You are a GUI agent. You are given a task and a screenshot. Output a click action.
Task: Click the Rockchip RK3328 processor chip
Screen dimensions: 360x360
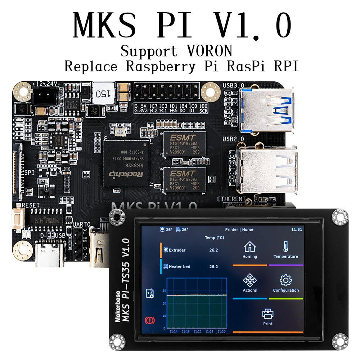[x=126, y=163]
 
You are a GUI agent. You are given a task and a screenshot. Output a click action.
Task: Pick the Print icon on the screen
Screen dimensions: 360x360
[x=267, y=314]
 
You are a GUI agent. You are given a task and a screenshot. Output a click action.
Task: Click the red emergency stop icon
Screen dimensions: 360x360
[x=148, y=319]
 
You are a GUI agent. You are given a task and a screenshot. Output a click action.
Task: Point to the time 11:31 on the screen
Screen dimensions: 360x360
[x=297, y=229]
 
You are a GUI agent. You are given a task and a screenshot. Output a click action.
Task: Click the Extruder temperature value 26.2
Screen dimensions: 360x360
[x=213, y=250]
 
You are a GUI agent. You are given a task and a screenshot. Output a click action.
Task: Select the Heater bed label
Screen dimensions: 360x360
[x=179, y=267]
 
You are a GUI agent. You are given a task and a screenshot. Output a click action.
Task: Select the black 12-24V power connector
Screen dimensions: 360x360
[x=41, y=96]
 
